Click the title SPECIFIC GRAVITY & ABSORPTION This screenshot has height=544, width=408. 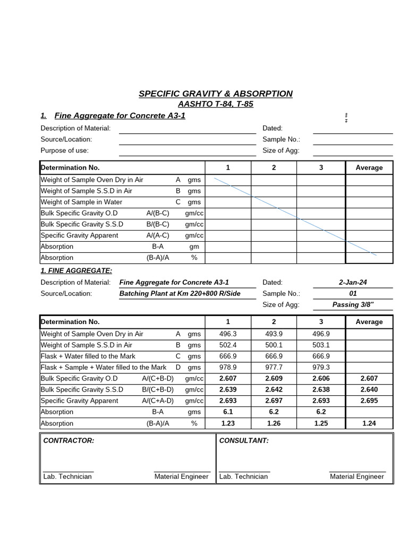[x=215, y=93]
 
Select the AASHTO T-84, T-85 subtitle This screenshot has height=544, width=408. [x=215, y=104]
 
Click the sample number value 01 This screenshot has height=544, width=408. [x=353, y=294]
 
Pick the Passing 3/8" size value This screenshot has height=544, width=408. [x=353, y=305]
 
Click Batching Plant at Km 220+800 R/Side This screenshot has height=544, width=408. [x=180, y=294]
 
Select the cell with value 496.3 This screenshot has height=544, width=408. [x=228, y=334]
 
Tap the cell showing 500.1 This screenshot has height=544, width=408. [x=274, y=345]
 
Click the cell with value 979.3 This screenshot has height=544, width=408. [x=321, y=368]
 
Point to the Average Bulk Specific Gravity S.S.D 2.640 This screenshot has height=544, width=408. [x=369, y=390]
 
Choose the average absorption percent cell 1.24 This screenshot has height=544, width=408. [x=369, y=423]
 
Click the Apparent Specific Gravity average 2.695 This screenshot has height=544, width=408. [x=369, y=401]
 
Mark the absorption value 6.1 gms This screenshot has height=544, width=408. [x=228, y=412]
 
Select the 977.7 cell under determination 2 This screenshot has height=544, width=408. [x=274, y=368]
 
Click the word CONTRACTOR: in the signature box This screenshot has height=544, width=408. [x=69, y=441]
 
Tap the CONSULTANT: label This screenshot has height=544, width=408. [x=244, y=441]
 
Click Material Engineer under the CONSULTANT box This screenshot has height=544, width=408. [x=356, y=477]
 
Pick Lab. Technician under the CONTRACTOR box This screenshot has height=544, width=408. [x=67, y=477]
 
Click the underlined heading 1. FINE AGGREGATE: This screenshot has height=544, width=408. [x=76, y=271]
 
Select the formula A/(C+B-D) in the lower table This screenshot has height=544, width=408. [x=158, y=379]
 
